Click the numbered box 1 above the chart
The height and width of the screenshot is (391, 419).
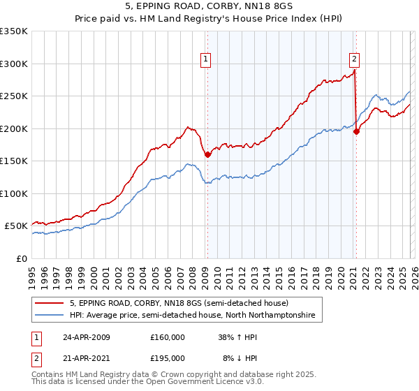pos(207,60)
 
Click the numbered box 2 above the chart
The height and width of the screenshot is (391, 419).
pos(355,60)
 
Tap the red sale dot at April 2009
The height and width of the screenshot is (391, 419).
pos(207,155)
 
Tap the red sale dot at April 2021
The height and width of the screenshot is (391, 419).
pos(356,131)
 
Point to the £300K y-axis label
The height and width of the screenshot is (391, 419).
pos(14,64)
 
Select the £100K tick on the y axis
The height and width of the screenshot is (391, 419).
pos(14,193)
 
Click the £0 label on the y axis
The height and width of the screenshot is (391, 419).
pos(21,258)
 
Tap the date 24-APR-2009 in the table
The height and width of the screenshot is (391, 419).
pos(87,337)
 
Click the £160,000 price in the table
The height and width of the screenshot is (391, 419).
pos(168,337)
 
